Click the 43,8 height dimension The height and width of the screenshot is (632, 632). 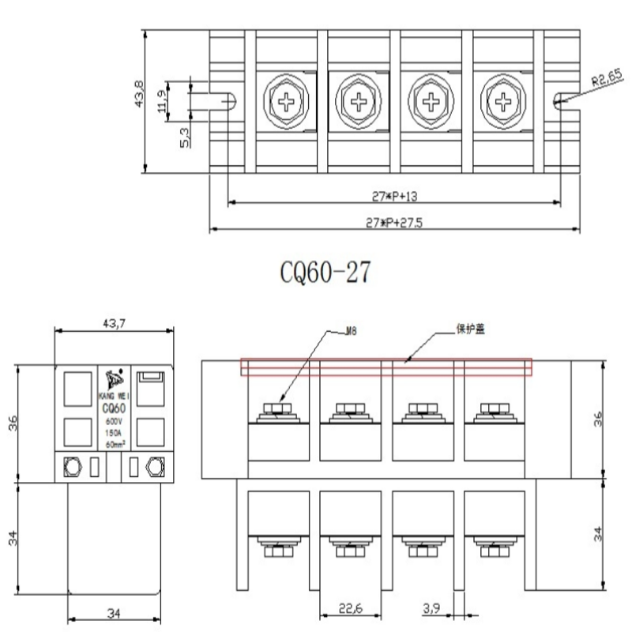[140, 93]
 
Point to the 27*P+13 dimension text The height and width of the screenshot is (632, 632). [393, 194]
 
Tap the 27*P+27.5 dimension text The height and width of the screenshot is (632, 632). [394, 223]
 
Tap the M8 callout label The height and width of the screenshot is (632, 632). [352, 333]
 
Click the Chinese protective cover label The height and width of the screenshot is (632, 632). [470, 329]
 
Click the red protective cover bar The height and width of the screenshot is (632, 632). [386, 367]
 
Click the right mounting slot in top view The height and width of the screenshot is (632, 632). [560, 100]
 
